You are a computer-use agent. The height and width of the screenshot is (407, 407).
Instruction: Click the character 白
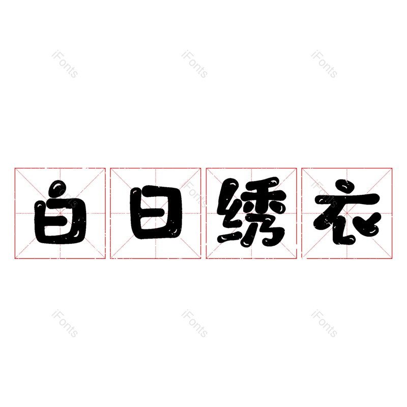tap(60, 212)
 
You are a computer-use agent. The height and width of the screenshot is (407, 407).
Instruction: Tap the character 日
tap(156, 212)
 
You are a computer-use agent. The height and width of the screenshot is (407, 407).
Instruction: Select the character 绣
tap(251, 212)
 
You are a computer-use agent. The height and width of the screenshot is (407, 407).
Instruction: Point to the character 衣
tap(347, 212)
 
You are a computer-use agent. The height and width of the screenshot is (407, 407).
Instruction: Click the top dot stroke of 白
tap(57, 189)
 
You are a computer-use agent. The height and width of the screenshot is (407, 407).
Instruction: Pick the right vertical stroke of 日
tap(177, 212)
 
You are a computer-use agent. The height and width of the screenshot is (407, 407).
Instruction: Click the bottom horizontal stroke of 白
tap(61, 239)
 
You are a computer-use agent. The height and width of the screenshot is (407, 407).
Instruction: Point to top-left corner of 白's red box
tap(15, 168)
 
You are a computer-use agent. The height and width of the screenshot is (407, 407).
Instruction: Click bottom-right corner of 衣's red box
tap(392, 258)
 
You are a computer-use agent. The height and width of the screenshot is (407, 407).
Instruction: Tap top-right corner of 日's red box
tap(200, 168)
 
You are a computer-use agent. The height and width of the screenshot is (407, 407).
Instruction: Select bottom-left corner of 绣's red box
tap(207, 258)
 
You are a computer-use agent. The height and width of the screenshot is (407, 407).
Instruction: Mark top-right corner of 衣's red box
tap(392, 168)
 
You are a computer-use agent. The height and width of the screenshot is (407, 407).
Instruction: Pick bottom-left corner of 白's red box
tap(15, 258)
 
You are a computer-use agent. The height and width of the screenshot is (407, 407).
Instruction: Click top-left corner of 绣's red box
tap(207, 168)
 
